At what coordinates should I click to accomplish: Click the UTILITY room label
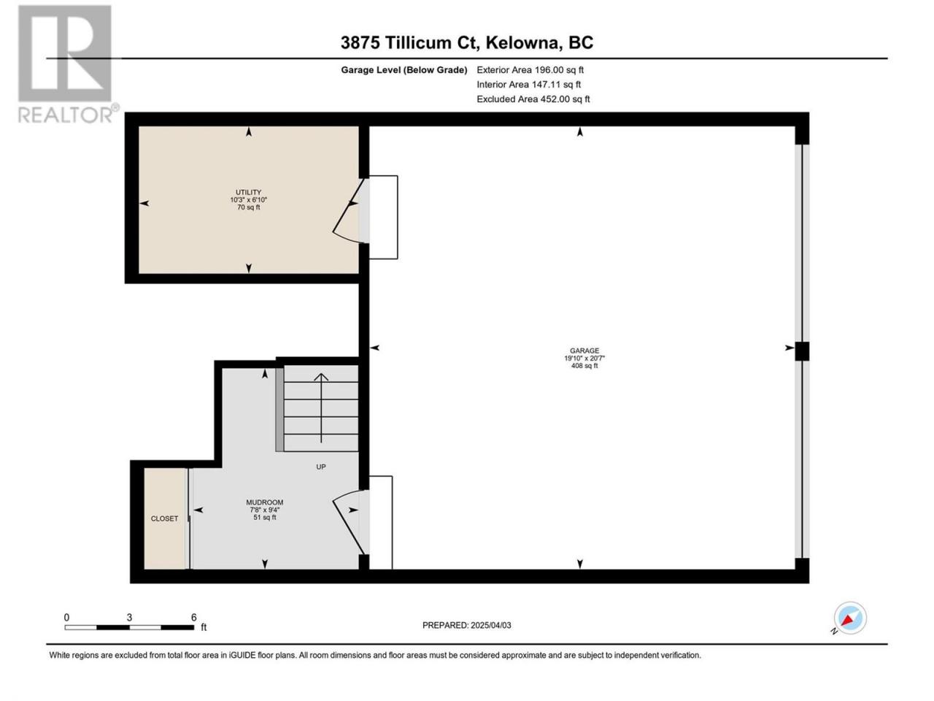click(249, 192)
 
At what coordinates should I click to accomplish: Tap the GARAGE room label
click(584, 350)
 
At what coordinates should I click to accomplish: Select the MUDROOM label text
click(264, 502)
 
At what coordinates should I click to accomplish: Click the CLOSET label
click(164, 518)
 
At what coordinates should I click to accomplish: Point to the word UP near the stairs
click(321, 467)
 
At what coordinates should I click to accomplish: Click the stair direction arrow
click(321, 407)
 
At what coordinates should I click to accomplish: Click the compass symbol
click(850, 618)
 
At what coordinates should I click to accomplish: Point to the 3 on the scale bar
click(129, 618)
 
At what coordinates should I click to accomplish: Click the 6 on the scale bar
click(193, 618)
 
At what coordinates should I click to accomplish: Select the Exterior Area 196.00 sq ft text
click(530, 70)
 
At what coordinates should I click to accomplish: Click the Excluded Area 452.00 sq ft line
click(533, 99)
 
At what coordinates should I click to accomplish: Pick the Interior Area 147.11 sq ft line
click(528, 84)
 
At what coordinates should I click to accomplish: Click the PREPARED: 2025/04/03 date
click(467, 625)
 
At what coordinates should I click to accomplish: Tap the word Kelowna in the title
click(522, 43)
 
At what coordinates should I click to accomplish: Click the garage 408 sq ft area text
click(584, 366)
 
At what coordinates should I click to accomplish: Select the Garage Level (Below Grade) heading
click(404, 70)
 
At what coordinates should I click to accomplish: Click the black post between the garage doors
click(802, 351)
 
